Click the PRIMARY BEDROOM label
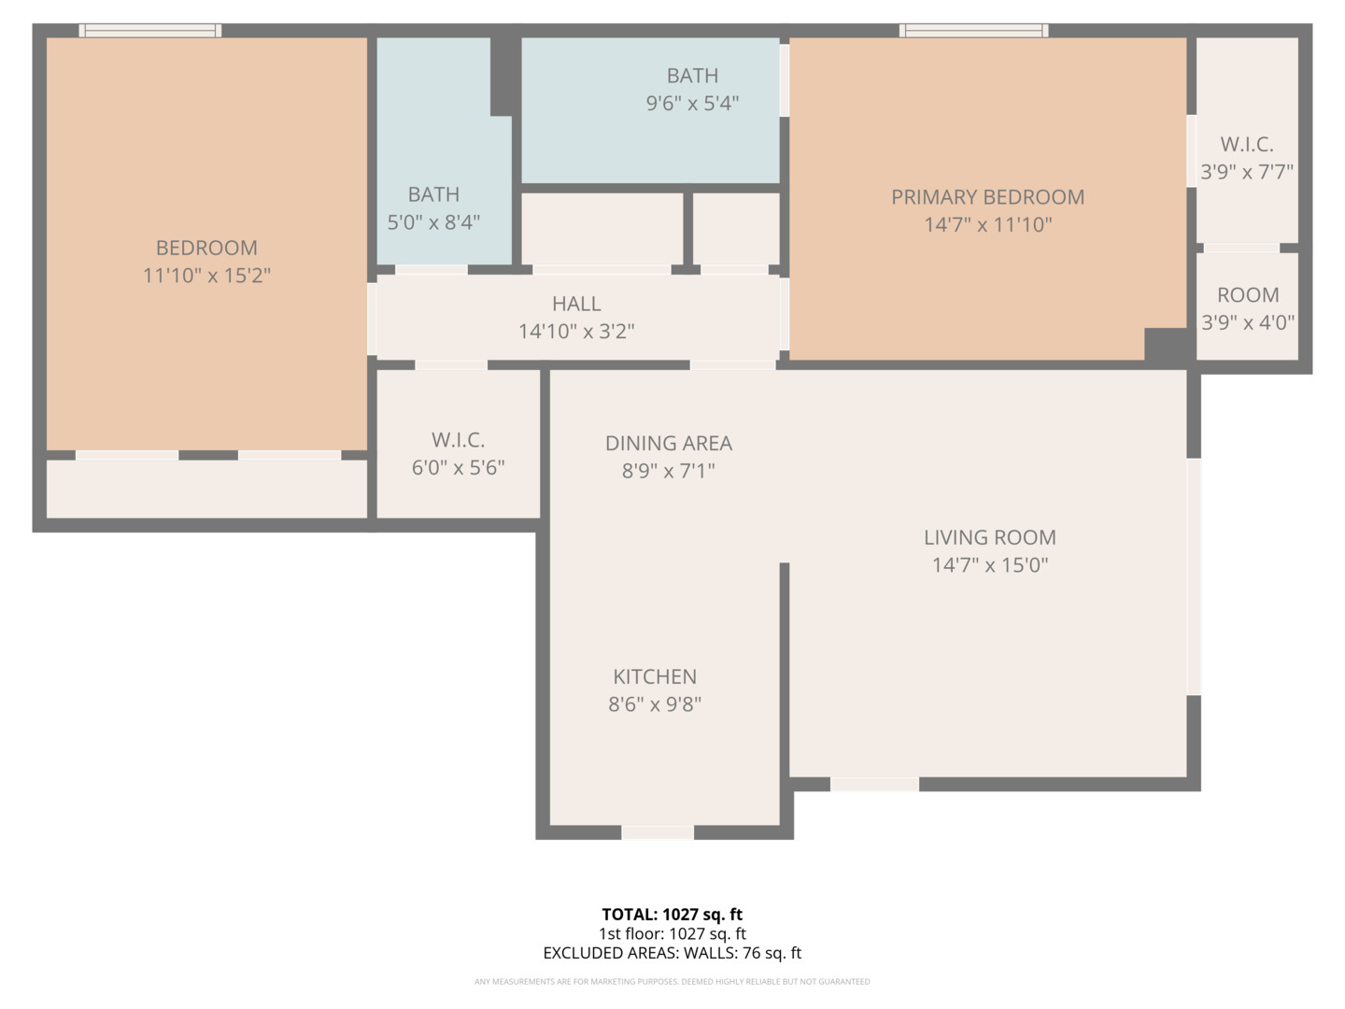tap(987, 197)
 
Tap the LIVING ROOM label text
tap(989, 537)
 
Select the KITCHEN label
tap(654, 676)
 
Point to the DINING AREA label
tap(668, 443)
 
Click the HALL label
tap(576, 304)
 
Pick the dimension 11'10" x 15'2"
tap(206, 276)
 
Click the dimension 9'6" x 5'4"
tap(692, 104)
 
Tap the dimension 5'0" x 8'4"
tap(433, 222)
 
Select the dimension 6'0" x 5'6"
tap(458, 467)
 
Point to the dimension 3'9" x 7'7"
tap(1247, 172)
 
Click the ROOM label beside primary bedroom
tap(1248, 295)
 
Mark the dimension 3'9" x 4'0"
tap(1248, 322)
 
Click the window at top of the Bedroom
tap(150, 31)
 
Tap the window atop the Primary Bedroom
tap(973, 31)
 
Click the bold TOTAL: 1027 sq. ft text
tap(672, 915)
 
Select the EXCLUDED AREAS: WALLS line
tap(672, 953)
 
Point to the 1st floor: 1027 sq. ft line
tap(672, 933)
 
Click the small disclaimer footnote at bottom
tap(672, 982)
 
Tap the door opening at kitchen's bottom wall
tap(658, 832)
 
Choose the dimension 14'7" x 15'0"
tap(989, 565)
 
